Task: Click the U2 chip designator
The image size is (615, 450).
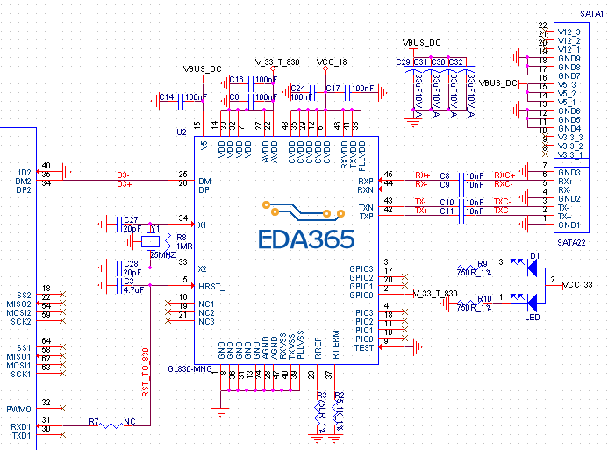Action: (181, 131)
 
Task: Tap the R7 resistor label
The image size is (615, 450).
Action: (93, 422)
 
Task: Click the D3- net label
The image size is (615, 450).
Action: (124, 175)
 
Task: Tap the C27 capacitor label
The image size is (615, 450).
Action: (131, 219)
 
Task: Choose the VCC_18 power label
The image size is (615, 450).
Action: (332, 62)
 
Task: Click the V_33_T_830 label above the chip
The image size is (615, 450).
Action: (276, 62)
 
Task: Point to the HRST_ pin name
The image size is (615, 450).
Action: (211, 287)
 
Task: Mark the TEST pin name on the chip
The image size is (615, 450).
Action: (364, 347)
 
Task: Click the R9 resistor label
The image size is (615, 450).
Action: (483, 263)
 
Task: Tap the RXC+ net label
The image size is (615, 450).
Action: (504, 175)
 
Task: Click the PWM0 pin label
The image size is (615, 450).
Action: (18, 409)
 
